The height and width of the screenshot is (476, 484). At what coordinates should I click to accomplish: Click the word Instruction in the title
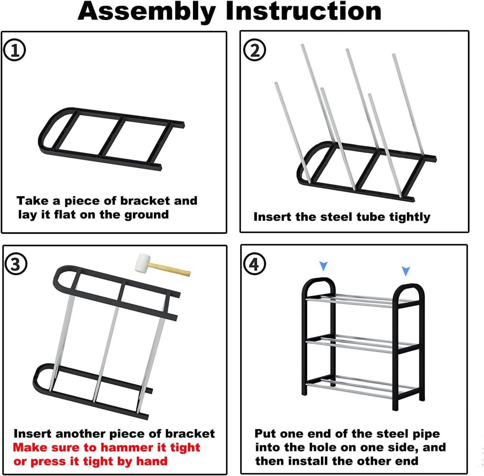[304, 11]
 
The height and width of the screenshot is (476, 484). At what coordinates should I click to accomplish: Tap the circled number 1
[14, 50]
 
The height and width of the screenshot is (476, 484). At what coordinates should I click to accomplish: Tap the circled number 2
[255, 50]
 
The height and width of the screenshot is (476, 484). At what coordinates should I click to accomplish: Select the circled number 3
[16, 264]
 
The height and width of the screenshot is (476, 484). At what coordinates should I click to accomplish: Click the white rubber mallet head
[142, 263]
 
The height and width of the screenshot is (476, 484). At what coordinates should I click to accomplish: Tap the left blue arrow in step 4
[323, 266]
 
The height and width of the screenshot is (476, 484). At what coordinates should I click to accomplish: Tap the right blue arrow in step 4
[406, 271]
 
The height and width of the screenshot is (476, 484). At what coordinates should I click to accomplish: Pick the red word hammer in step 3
[128, 447]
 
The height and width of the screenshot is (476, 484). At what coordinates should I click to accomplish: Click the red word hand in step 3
[152, 461]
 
